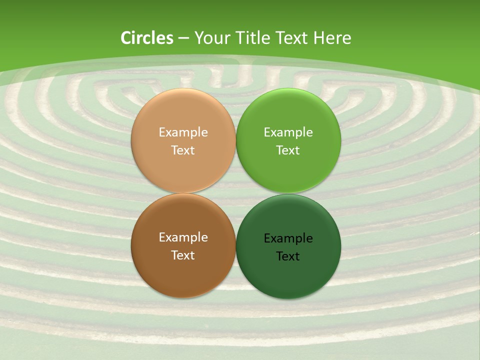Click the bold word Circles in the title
[147, 38]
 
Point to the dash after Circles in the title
[183, 38]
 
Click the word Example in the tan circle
[183, 132]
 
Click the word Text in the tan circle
[183, 150]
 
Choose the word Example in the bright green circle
[288, 132]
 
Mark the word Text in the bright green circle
[288, 150]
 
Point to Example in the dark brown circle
[183, 237]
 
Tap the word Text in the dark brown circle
[183, 255]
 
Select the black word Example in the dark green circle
[288, 238]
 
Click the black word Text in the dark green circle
[288, 256]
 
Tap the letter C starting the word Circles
[126, 38]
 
